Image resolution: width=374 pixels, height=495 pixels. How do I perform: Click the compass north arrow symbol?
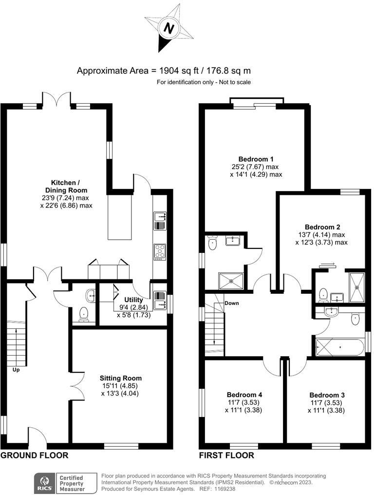point(168,28)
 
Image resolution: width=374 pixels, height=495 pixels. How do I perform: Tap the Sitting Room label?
point(120,378)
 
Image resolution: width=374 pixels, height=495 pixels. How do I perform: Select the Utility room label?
point(133,300)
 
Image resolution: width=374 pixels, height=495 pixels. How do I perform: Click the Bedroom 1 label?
point(256,159)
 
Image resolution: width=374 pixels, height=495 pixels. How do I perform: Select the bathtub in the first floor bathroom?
point(339,347)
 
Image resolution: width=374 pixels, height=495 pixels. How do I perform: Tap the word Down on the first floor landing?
point(232,303)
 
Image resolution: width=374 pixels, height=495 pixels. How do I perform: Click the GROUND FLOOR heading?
point(34,456)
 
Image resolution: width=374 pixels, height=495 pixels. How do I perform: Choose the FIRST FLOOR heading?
point(226,456)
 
